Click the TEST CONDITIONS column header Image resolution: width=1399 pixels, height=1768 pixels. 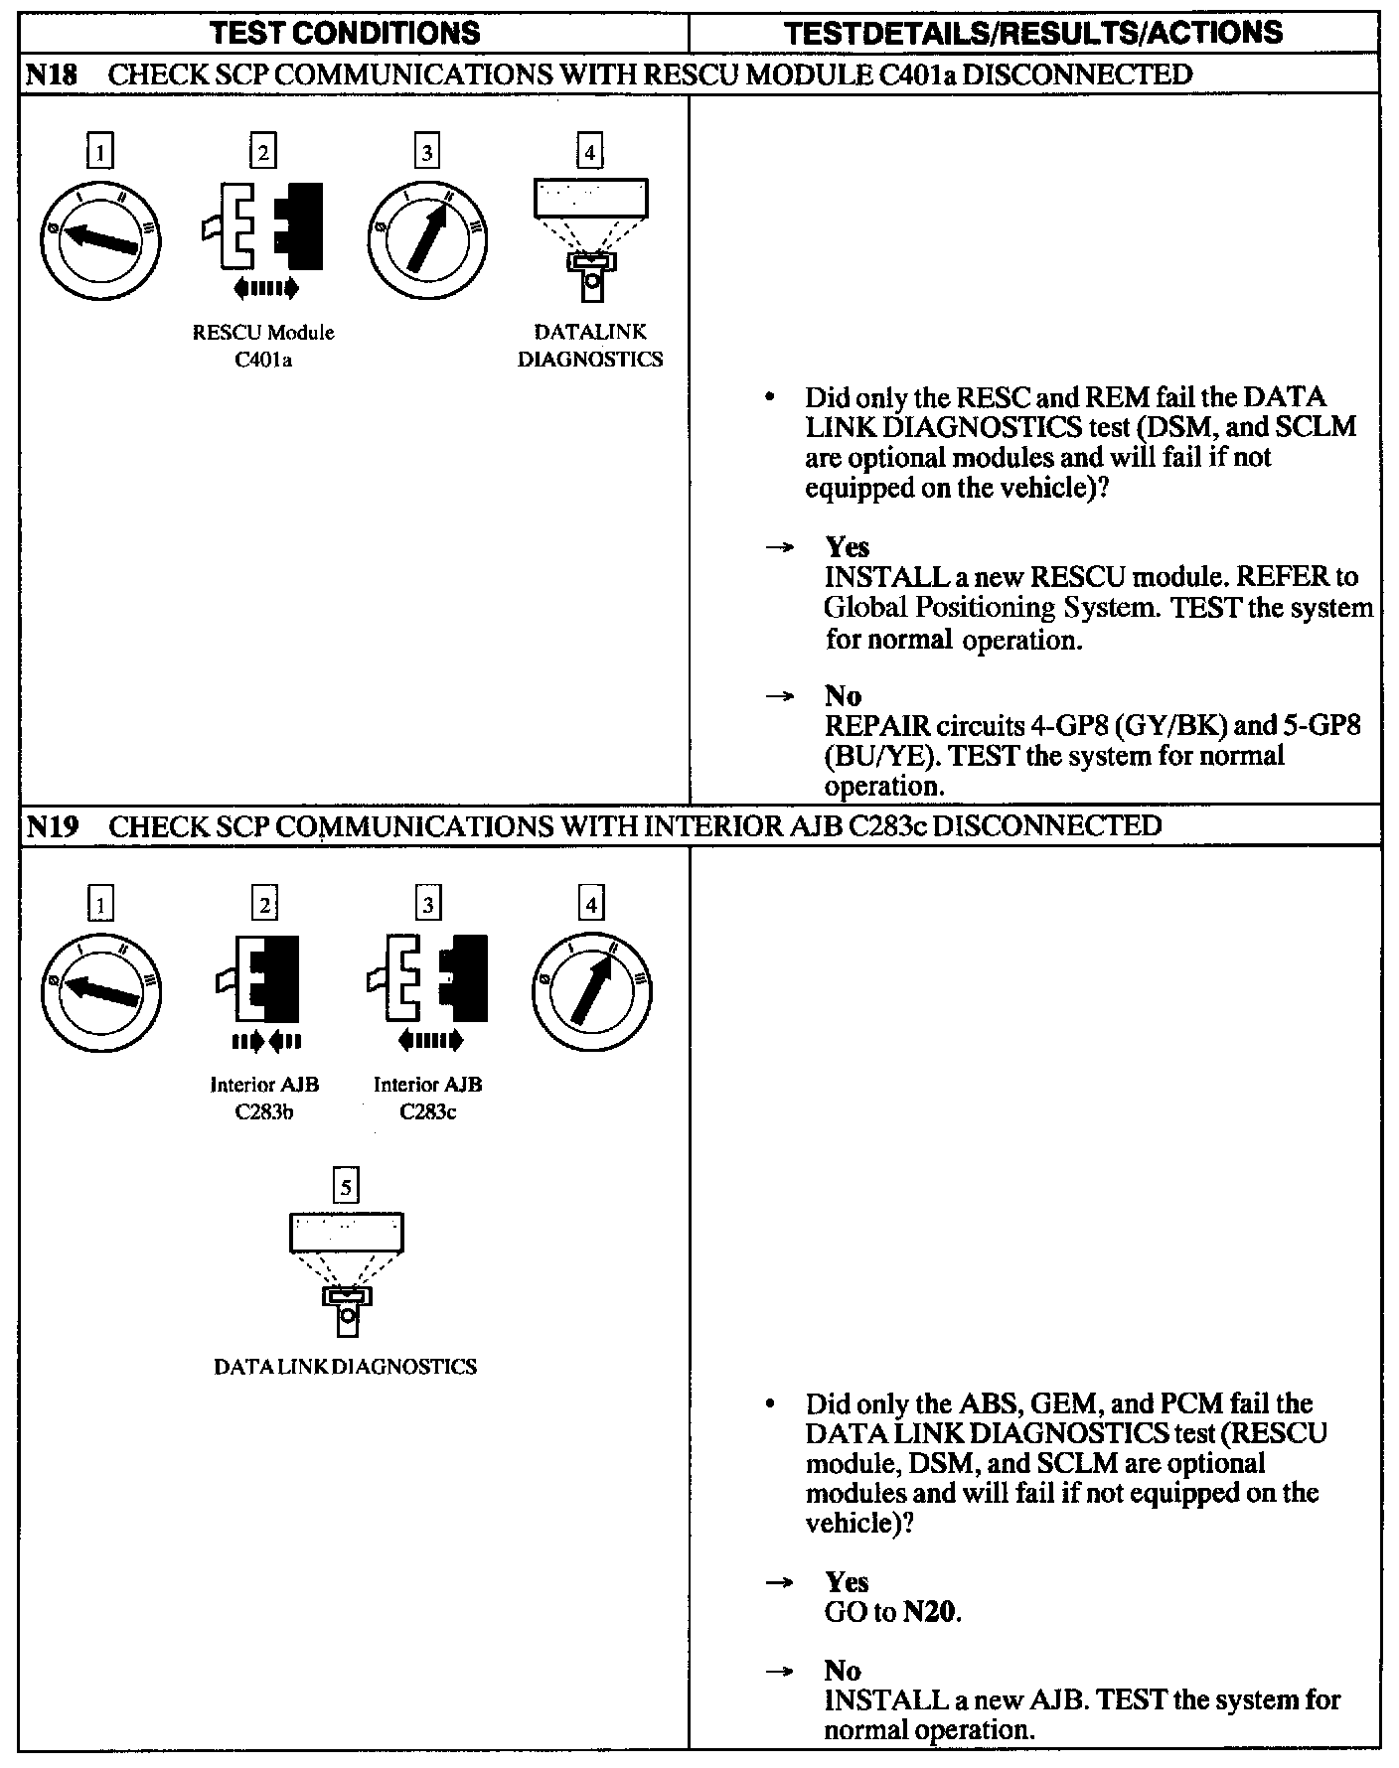point(346,33)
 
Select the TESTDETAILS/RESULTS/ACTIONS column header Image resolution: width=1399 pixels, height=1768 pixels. point(1032,33)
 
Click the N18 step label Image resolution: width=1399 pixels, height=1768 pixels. point(51,74)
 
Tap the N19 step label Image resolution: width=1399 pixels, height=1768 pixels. point(51,826)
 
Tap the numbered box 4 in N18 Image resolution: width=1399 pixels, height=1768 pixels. point(590,152)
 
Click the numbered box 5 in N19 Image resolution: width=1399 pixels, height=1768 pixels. point(345,1185)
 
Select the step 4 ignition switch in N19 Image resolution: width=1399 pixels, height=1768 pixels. point(592,990)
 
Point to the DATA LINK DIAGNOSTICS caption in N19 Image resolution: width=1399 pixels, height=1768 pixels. point(345,1366)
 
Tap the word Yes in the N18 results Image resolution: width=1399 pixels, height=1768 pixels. point(847,546)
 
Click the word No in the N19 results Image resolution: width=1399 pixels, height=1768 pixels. point(843,1670)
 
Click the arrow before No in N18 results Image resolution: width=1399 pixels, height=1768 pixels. point(781,696)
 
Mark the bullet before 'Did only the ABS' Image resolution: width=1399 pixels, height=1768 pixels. point(769,1404)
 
